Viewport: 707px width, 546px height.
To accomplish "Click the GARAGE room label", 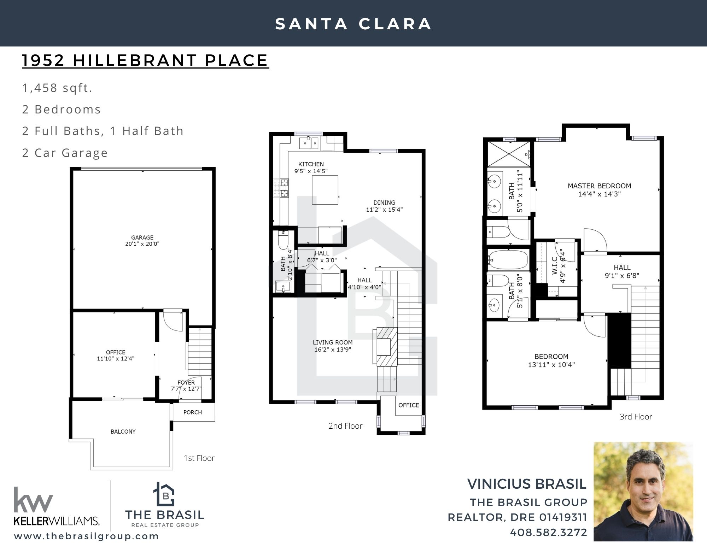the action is pyautogui.click(x=142, y=237).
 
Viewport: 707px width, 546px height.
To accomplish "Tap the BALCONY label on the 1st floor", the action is pyautogui.click(x=123, y=431).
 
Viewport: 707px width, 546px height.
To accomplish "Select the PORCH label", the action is pyautogui.click(x=193, y=412).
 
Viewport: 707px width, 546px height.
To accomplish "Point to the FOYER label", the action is pyautogui.click(x=186, y=382).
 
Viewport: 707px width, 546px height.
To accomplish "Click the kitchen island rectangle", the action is pyautogui.click(x=325, y=190).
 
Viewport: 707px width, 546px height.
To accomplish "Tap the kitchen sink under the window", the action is pyautogui.click(x=309, y=143).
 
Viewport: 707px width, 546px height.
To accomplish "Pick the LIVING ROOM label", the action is pyautogui.click(x=333, y=342).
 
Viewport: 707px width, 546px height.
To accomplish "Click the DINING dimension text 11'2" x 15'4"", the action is pyautogui.click(x=384, y=209).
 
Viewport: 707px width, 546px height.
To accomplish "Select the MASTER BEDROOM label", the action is pyautogui.click(x=600, y=186).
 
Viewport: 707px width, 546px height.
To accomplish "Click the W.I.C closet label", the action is pyautogui.click(x=555, y=265).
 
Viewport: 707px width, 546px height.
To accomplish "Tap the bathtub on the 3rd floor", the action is pyautogui.click(x=508, y=260).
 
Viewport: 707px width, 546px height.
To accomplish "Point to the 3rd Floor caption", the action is pyautogui.click(x=636, y=417).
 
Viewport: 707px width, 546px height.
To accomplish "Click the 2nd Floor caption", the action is pyautogui.click(x=345, y=426).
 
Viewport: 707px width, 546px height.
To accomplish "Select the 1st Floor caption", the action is pyautogui.click(x=199, y=458).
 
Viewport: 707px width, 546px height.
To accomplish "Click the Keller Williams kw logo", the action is pyautogui.click(x=34, y=499).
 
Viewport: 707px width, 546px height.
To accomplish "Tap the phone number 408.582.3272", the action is pyautogui.click(x=548, y=532).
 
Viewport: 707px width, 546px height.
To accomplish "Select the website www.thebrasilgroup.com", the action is pyautogui.click(x=87, y=536).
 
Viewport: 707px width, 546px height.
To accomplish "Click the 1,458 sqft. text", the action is pyautogui.click(x=57, y=88).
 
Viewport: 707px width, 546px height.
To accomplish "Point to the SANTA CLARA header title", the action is pyautogui.click(x=353, y=24).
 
